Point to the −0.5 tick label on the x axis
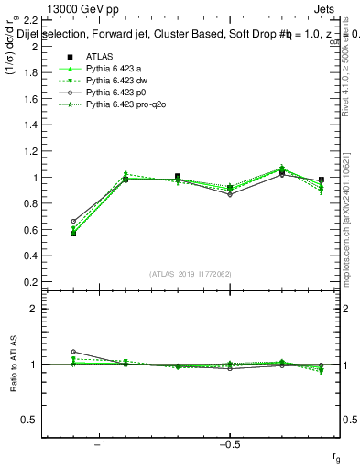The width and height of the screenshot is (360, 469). [227, 445]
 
